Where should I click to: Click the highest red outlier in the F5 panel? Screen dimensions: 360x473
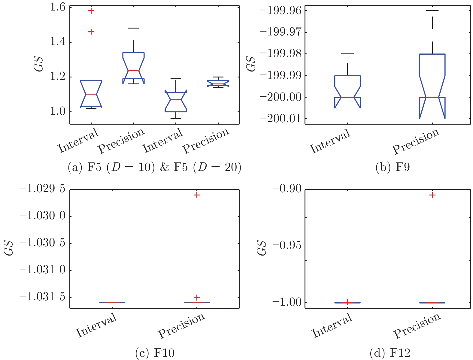[91, 11]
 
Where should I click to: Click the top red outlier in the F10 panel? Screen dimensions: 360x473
[197, 195]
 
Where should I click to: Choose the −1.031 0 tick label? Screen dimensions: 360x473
[43, 270]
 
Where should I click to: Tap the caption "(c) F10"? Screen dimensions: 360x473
[155, 352]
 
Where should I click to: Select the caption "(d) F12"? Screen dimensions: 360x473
[390, 352]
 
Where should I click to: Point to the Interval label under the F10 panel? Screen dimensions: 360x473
[96, 325]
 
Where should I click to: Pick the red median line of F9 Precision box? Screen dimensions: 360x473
[432, 97]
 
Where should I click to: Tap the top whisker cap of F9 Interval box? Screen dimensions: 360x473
[347, 54]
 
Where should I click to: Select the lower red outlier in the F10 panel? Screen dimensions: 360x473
[197, 297]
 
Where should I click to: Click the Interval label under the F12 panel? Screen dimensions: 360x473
[332, 325]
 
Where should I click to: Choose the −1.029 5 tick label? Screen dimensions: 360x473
[43, 189]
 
